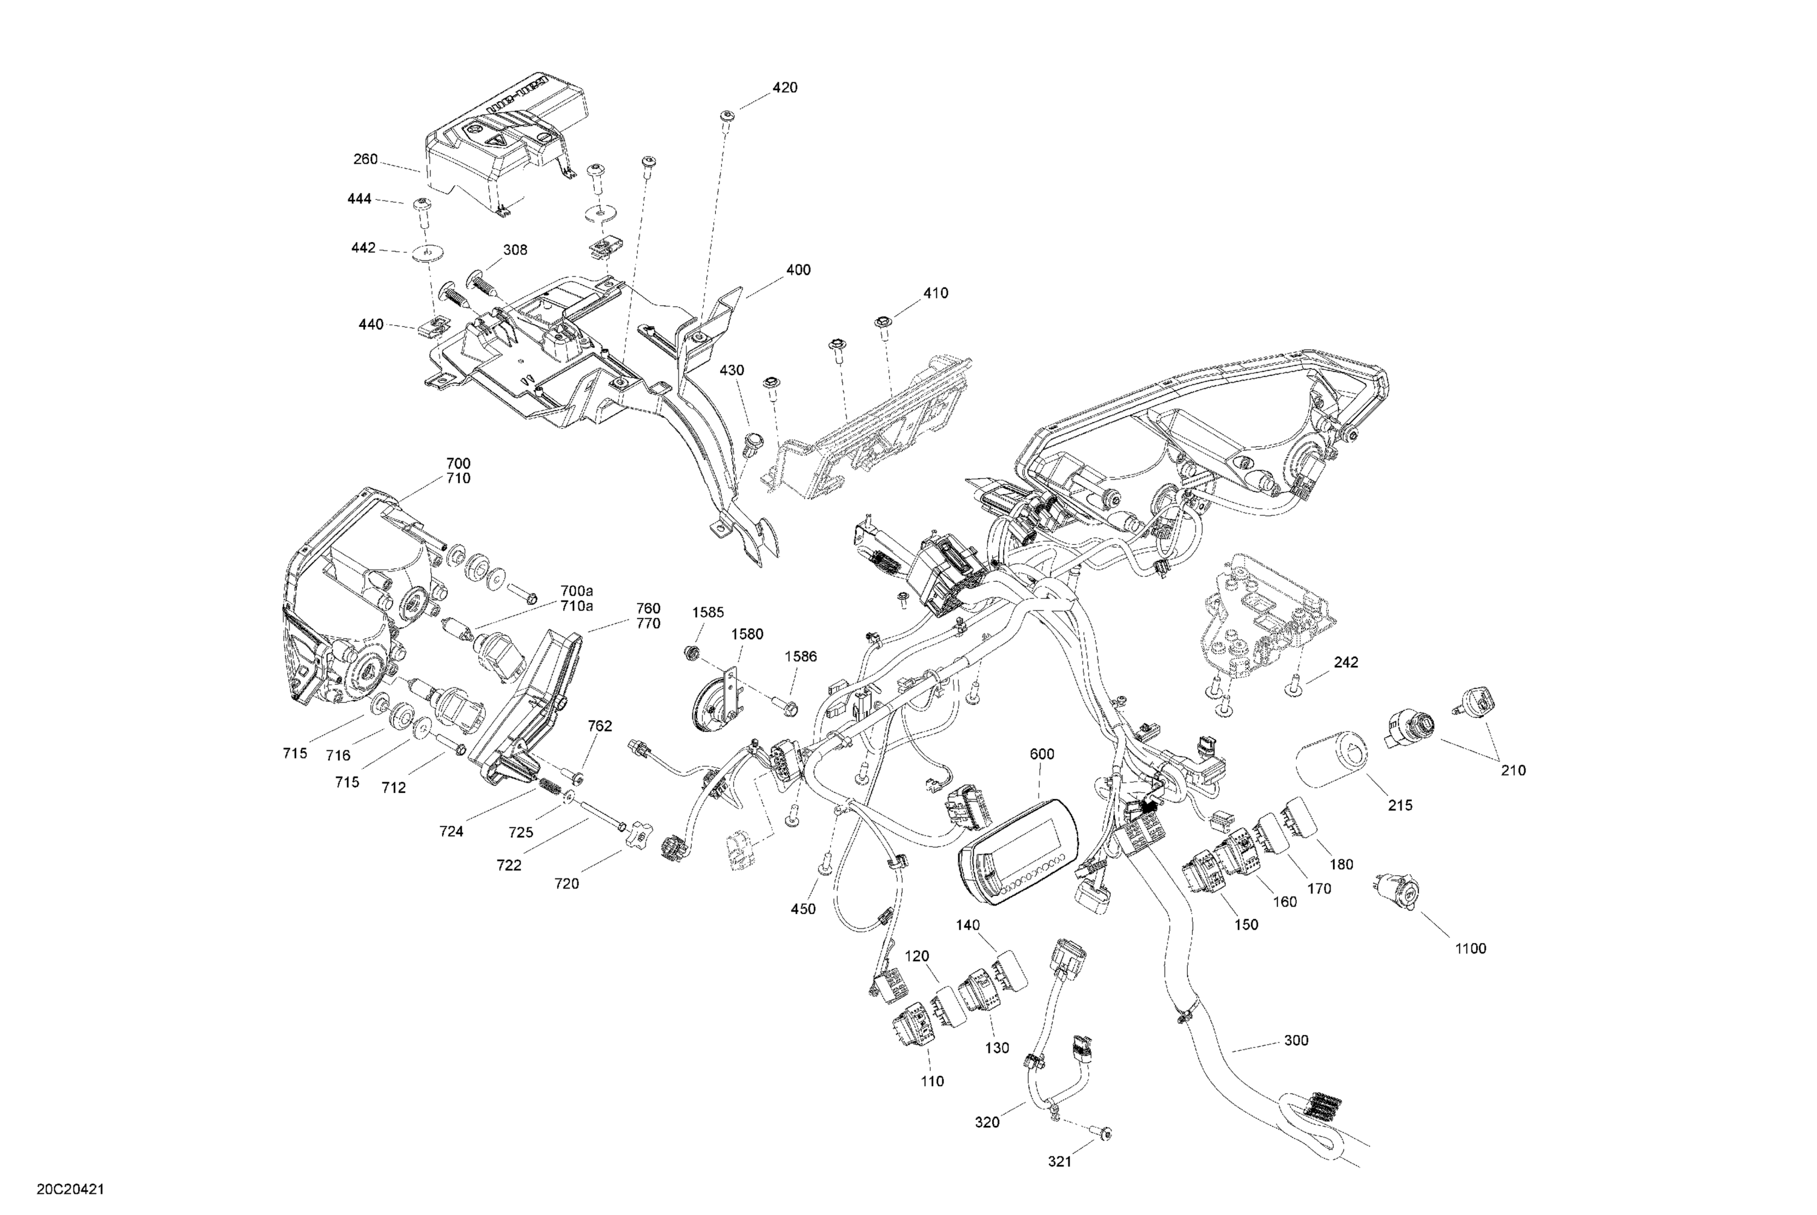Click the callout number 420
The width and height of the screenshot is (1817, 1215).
click(784, 88)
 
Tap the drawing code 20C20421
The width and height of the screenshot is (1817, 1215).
click(70, 1188)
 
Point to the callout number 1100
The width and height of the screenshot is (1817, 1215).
click(1470, 949)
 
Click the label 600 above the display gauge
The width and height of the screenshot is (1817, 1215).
click(1042, 754)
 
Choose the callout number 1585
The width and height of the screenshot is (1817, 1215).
click(708, 612)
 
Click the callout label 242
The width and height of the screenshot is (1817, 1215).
click(1346, 662)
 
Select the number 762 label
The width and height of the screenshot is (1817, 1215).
click(600, 726)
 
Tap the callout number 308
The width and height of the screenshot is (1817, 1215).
click(515, 249)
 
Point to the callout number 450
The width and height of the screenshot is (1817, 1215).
click(803, 909)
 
